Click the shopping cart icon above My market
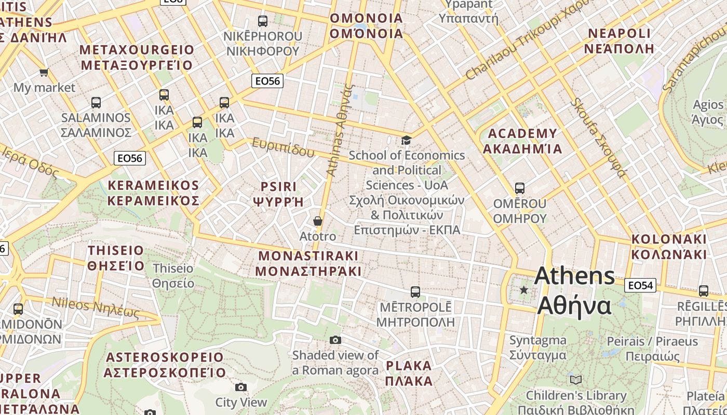click(44, 72)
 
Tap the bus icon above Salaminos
click(96, 102)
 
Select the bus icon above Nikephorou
click(263, 21)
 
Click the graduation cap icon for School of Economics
click(406, 140)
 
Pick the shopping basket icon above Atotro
click(318, 221)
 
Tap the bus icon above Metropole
click(415, 292)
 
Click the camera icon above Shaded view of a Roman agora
click(335, 340)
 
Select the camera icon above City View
click(240, 387)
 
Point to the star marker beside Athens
click(524, 290)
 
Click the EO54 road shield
click(640, 285)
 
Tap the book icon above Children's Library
click(576, 380)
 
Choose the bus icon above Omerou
click(519, 188)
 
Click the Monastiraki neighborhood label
click(308, 264)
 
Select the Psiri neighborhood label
click(278, 194)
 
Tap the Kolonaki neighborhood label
click(669, 247)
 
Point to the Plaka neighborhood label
click(409, 374)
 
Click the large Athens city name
click(574, 290)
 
